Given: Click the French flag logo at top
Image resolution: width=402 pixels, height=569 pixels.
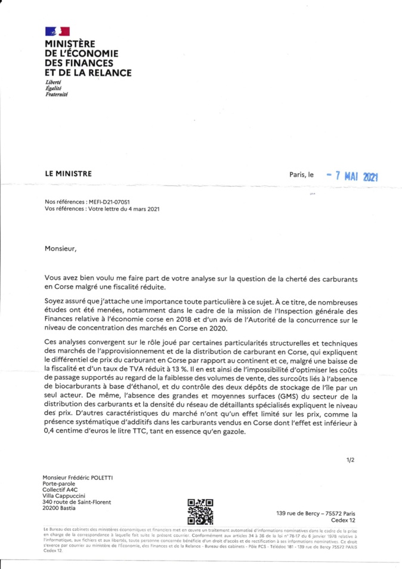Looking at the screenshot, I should click(x=57, y=31).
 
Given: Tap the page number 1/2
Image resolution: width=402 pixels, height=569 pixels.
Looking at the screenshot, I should click(x=350, y=460).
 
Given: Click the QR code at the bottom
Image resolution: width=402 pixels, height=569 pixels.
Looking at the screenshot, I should click(x=200, y=511).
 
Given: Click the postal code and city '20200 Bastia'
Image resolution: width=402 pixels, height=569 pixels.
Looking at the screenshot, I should click(x=63, y=508).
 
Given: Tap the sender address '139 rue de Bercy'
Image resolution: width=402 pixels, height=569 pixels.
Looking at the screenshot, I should click(x=297, y=513).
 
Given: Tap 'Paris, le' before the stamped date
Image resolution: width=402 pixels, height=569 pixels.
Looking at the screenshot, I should click(x=301, y=175).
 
